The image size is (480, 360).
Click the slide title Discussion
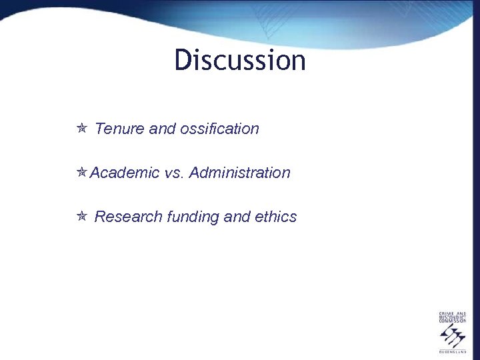240,60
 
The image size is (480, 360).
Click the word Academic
125,173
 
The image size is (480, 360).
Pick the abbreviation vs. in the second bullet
174,173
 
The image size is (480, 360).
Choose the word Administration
240,173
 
